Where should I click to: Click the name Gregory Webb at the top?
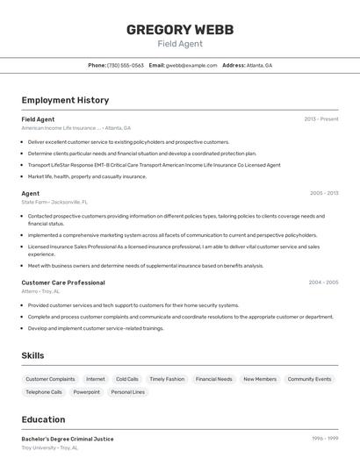click(180, 30)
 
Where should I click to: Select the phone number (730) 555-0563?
click(126, 65)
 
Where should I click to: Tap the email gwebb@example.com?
click(191, 65)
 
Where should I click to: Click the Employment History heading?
click(65, 100)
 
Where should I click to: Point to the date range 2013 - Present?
click(321, 119)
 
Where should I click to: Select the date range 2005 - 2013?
click(324, 193)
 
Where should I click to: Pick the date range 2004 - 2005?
click(323, 283)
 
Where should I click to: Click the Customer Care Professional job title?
click(63, 283)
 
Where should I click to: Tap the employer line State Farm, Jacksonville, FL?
click(54, 202)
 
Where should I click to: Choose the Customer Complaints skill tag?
click(50, 379)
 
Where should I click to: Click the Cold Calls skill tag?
click(127, 379)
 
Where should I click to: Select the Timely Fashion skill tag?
click(167, 379)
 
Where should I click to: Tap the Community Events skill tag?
click(309, 379)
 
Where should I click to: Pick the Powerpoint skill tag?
click(87, 392)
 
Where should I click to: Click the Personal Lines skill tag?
click(127, 392)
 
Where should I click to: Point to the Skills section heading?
click(33, 355)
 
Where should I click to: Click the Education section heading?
click(43, 419)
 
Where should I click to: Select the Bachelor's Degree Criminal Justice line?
click(68, 439)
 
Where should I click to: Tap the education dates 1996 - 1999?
click(325, 439)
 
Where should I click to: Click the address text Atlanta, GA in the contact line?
click(259, 65)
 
